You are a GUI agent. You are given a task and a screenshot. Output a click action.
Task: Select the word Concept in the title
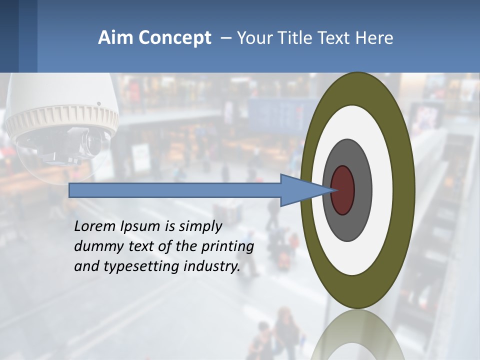[x=174, y=38]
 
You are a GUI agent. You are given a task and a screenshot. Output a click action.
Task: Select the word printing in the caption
[x=227, y=246]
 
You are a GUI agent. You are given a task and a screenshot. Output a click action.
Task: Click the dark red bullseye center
[x=342, y=190]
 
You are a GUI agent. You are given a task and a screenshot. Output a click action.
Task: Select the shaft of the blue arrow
[x=175, y=190]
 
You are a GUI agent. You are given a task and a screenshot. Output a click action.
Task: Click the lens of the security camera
[x=93, y=142]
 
